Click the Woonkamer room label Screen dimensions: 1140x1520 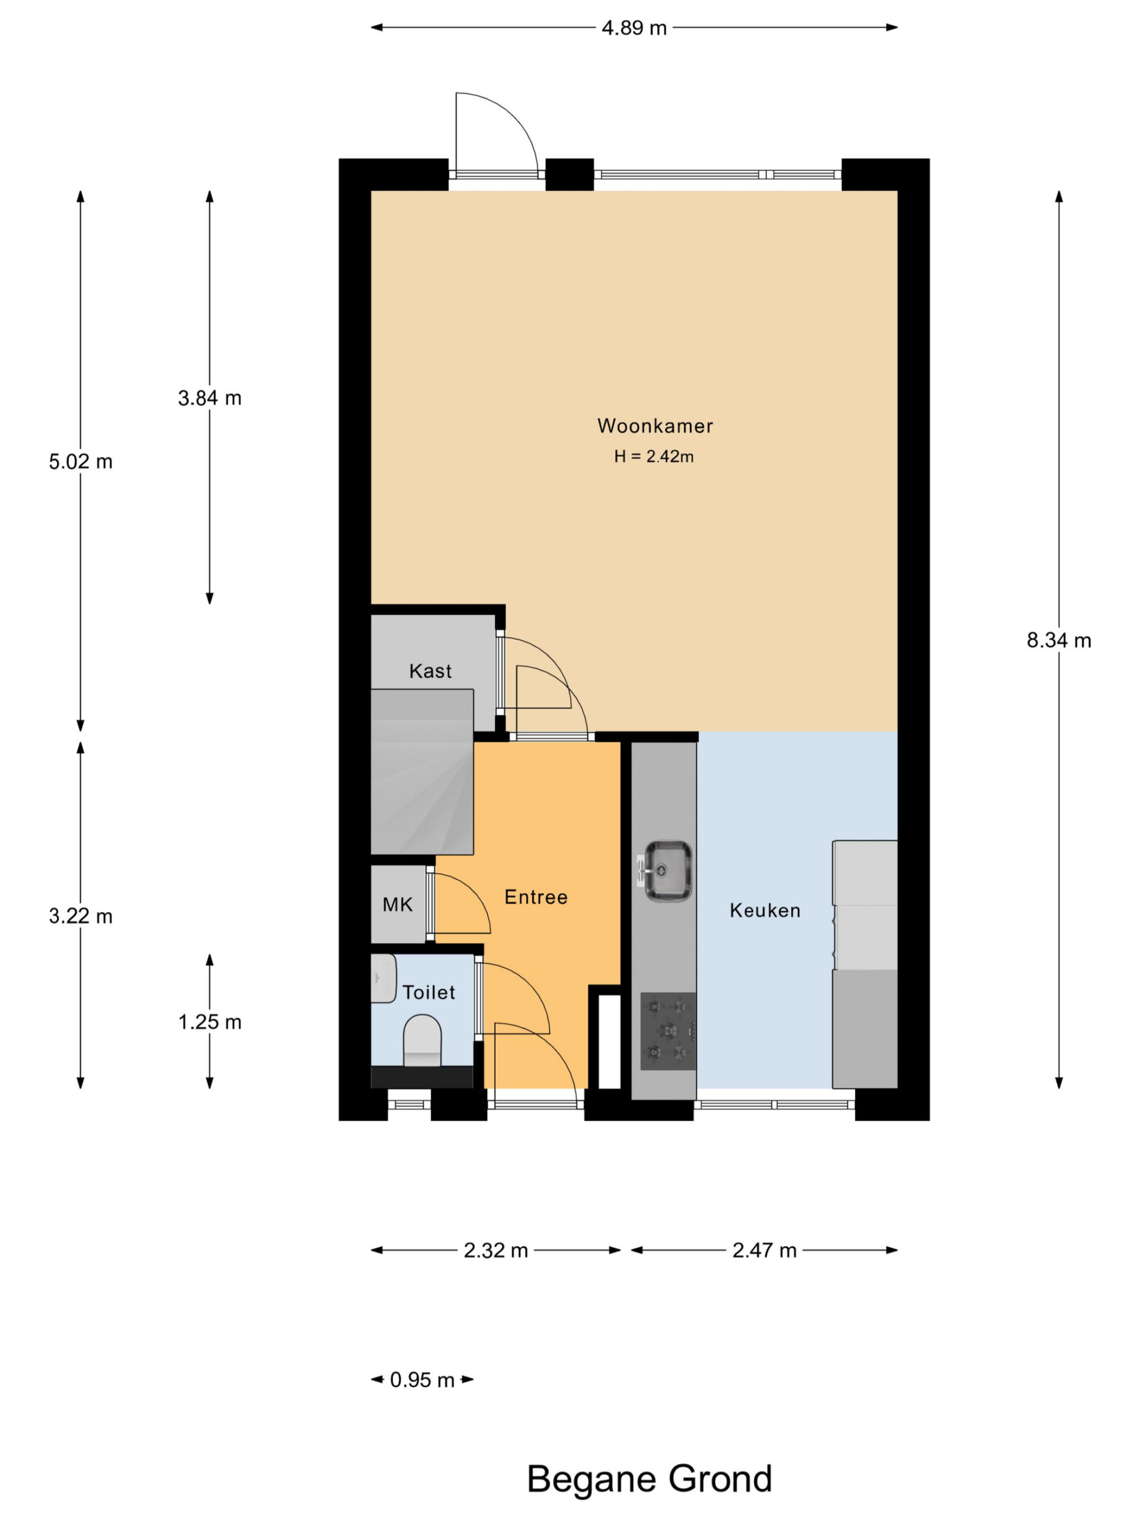pyautogui.click(x=655, y=426)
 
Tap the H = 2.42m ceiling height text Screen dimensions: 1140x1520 pyautogui.click(x=654, y=456)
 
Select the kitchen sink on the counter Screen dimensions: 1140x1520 pyautogui.click(x=664, y=870)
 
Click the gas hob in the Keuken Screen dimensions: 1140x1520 pyautogui.click(x=668, y=1031)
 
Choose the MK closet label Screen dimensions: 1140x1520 pyautogui.click(x=397, y=904)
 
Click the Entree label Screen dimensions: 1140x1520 pyautogui.click(x=536, y=897)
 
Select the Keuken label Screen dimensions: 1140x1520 pyautogui.click(x=765, y=910)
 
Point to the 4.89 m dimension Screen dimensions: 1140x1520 pyautogui.click(x=634, y=28)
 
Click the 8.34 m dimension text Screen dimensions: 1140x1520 pyautogui.click(x=1059, y=641)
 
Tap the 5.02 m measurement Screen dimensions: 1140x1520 pyautogui.click(x=80, y=462)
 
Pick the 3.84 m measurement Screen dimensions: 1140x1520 pyautogui.click(x=210, y=398)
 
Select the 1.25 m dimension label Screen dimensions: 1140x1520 pyautogui.click(x=210, y=1022)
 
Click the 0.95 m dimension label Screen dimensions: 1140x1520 pyautogui.click(x=422, y=1380)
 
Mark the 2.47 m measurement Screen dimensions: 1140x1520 pyautogui.click(x=764, y=1250)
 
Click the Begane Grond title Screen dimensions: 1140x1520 pyautogui.click(x=650, y=1479)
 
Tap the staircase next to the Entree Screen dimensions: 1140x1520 pyautogui.click(x=422, y=772)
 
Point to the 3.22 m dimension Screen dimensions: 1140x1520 pyautogui.click(x=80, y=916)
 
